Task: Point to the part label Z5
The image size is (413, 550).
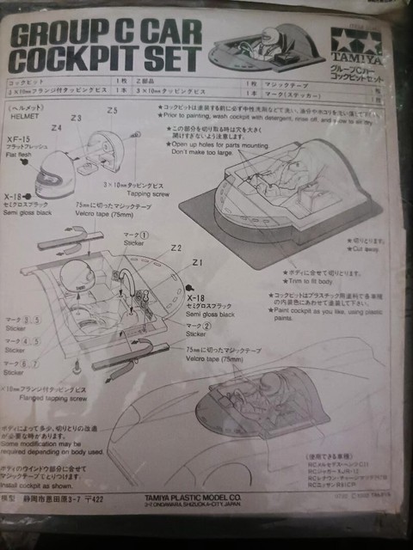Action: tap(113, 111)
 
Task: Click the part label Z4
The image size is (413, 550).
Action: tap(56, 127)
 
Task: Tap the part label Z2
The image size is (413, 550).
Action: tap(176, 247)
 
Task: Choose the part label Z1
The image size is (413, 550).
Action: tap(197, 262)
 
